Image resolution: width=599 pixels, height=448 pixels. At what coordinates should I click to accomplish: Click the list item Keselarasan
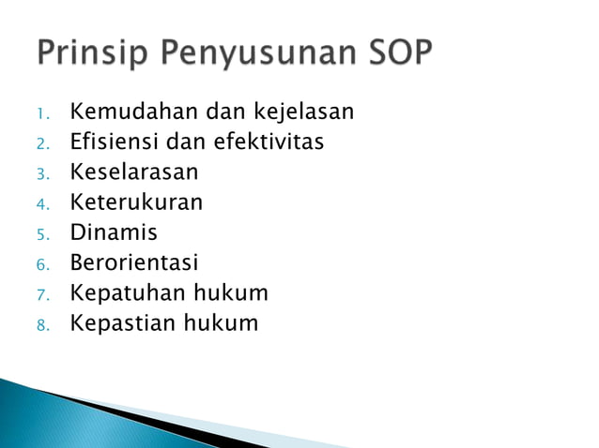(134, 172)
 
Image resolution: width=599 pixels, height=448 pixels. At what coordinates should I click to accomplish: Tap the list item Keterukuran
(136, 202)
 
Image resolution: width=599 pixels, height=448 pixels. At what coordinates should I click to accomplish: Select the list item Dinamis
(114, 232)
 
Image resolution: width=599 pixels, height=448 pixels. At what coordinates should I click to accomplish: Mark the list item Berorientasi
(134, 262)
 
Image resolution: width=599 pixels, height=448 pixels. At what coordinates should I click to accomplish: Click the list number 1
(41, 115)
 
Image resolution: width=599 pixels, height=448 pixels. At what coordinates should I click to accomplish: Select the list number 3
(41, 175)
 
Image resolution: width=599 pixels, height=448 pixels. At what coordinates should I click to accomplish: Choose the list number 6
(41, 265)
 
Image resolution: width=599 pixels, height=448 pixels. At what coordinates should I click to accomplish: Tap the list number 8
(41, 325)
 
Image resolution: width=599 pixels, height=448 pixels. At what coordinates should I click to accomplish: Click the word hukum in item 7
(231, 293)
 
